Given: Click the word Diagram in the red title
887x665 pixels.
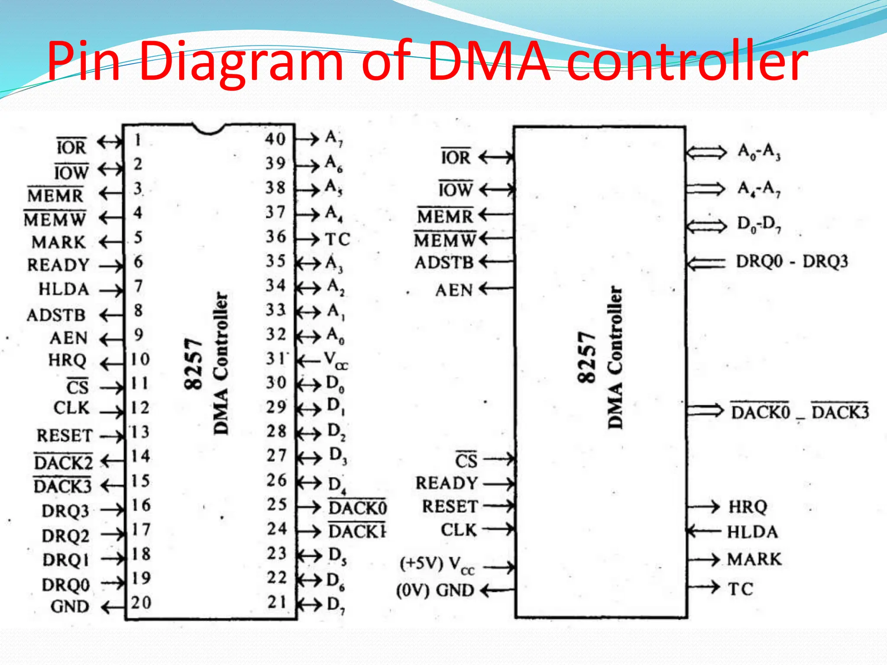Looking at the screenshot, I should click(241, 63).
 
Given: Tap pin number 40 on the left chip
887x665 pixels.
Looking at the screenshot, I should click(275, 139).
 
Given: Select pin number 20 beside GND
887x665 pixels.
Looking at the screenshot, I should click(141, 603).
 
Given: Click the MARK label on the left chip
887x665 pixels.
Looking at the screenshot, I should click(59, 242).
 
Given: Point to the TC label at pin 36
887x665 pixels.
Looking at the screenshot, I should click(337, 239).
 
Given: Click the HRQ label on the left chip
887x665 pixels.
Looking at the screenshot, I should click(68, 360).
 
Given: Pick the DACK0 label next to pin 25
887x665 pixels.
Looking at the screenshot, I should click(357, 507).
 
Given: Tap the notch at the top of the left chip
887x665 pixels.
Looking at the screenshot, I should click(209, 129).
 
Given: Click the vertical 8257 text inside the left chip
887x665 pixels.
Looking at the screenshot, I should click(193, 364).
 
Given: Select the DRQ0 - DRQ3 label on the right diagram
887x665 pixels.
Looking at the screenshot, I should click(792, 261).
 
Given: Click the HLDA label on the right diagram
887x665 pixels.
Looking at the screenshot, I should click(752, 532).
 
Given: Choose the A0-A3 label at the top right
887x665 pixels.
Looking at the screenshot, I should click(759, 152).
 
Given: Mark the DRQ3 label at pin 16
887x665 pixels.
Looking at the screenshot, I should click(65, 511).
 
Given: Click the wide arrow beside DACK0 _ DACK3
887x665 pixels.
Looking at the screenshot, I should click(705, 410).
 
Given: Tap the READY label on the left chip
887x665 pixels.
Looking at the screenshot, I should click(58, 265).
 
